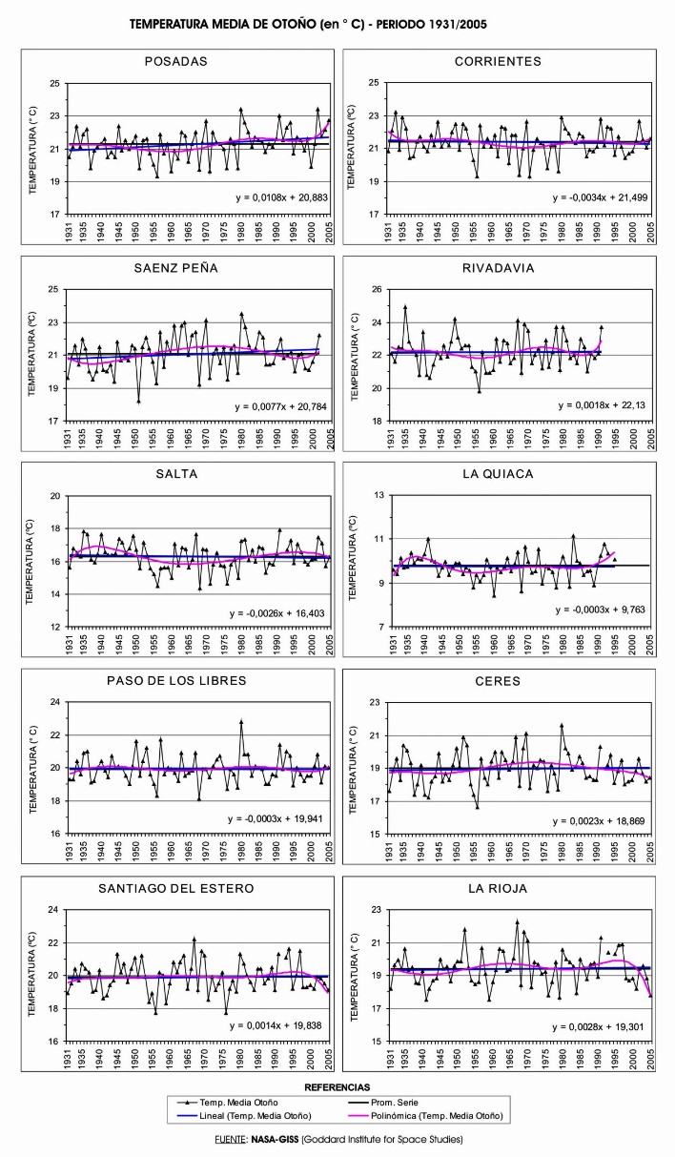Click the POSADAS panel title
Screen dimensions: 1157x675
(x=173, y=61)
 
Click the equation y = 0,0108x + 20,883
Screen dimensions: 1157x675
(x=280, y=197)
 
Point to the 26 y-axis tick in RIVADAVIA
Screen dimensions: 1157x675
(x=378, y=289)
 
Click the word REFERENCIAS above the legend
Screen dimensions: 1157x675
(x=337, y=1086)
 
